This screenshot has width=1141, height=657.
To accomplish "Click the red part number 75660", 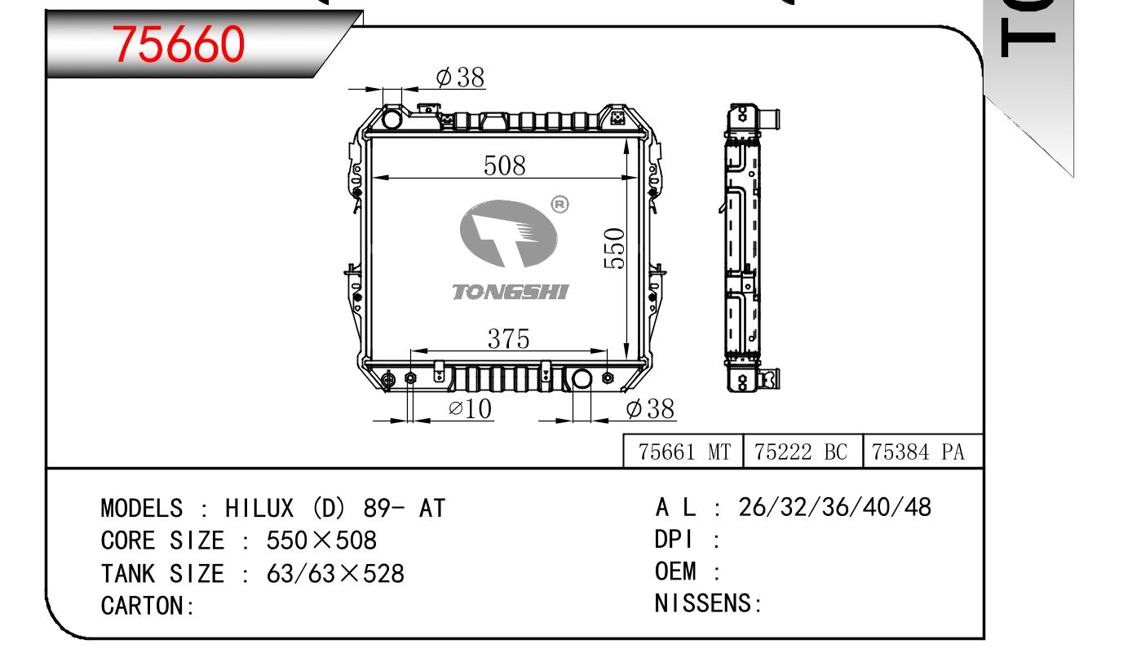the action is point(179,44).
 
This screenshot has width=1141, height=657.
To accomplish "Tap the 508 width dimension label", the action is point(504,165).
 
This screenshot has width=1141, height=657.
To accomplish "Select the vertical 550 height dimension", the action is point(614,249).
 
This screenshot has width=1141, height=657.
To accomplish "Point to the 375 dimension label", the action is point(508,338).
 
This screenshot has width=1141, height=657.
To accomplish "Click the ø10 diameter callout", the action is point(470,408).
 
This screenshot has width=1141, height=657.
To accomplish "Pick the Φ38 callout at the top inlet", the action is point(460,77).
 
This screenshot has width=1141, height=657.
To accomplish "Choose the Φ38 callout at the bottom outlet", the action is point(650,408).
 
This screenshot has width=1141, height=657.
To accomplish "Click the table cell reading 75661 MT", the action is point(683,452).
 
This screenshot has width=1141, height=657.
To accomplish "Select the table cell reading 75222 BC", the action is point(803,452).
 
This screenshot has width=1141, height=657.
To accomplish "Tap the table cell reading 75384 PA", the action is point(922,452).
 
